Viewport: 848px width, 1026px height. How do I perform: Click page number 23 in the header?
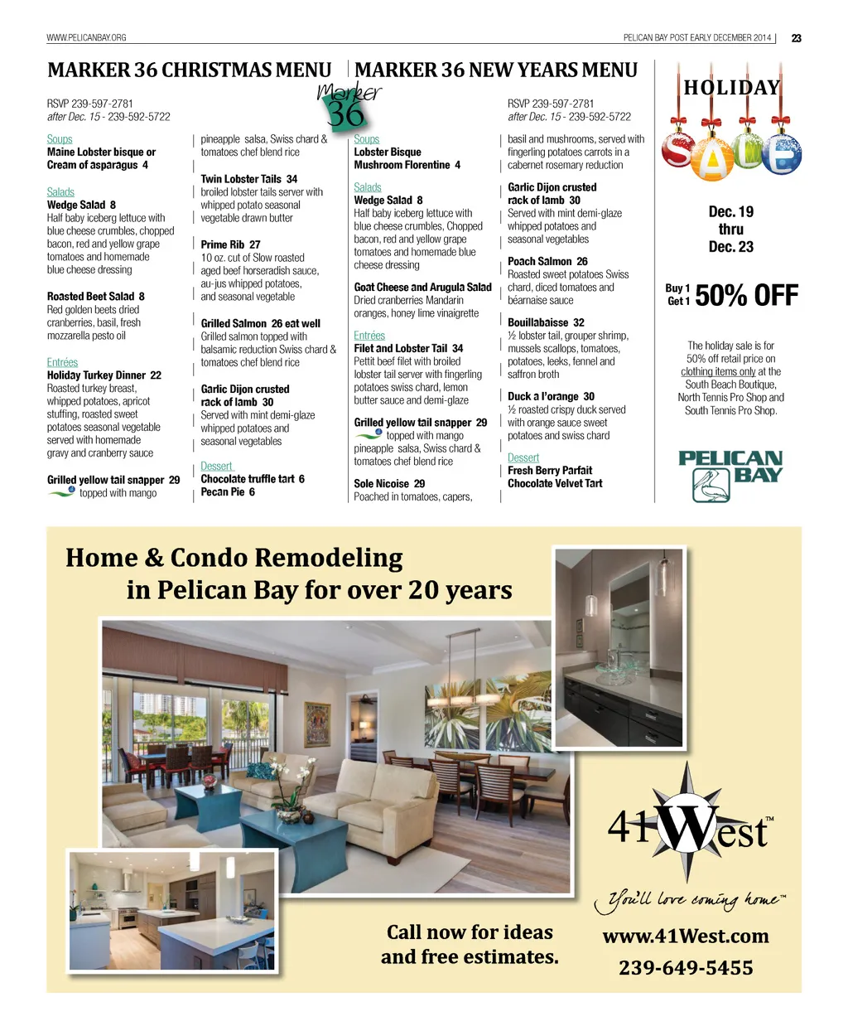point(796,38)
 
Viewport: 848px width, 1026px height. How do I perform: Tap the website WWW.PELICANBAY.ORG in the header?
point(86,37)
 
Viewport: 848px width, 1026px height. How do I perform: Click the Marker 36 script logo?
point(349,104)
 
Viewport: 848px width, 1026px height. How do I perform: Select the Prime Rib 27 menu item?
point(230,244)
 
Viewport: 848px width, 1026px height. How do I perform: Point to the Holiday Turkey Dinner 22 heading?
point(104,375)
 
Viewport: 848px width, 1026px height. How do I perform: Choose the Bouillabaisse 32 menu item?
point(546,322)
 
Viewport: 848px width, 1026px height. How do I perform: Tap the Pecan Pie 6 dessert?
point(228,492)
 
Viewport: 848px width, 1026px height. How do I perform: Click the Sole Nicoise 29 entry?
point(389,483)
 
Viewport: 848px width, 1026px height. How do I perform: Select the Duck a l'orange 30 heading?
point(551,396)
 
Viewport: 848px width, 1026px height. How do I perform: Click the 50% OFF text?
point(746,296)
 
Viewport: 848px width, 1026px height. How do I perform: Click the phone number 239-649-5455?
point(686,968)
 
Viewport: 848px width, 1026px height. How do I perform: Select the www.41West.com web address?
point(686,936)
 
